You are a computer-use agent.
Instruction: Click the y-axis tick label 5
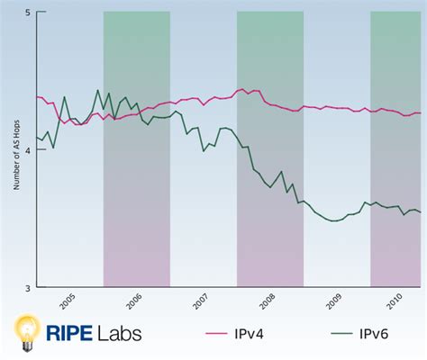pyautogui.click(x=28, y=13)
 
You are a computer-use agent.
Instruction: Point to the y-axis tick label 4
pyautogui.click(x=28, y=150)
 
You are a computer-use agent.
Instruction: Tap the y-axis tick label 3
pyautogui.click(x=28, y=288)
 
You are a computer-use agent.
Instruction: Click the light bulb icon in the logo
pyautogui.click(x=27, y=332)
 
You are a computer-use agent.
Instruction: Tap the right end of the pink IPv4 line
pyautogui.click(x=421, y=112)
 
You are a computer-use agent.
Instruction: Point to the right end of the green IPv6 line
pyautogui.click(x=421, y=212)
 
